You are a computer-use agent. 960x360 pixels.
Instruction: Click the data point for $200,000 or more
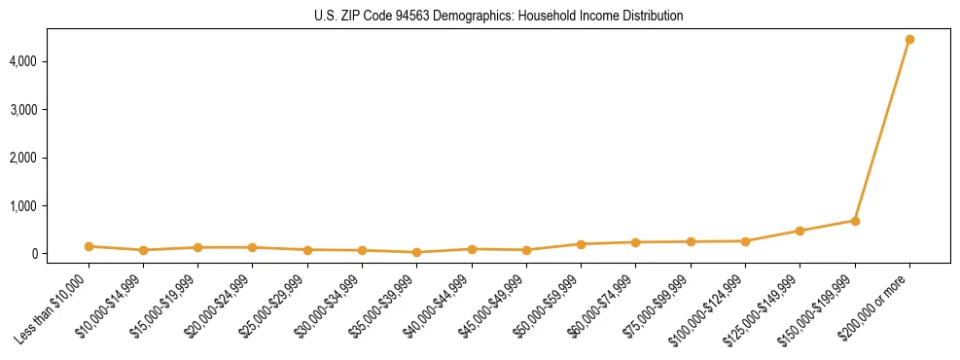(909, 40)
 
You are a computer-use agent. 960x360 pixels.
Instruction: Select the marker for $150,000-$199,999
(855, 221)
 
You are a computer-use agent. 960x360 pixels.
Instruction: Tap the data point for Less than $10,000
(89, 246)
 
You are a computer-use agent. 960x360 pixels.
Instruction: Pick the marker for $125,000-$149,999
(800, 231)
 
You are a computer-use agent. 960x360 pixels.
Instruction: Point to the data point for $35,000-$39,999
(417, 252)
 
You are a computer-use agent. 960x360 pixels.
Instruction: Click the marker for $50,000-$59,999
(581, 244)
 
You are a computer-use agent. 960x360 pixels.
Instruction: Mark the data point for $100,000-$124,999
(745, 241)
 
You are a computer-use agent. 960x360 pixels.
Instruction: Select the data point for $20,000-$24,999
(253, 247)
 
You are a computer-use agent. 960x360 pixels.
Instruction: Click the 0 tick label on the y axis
(59, 254)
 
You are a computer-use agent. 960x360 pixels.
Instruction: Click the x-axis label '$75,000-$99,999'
(661, 303)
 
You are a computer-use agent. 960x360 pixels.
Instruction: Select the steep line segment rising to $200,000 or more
(882, 130)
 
